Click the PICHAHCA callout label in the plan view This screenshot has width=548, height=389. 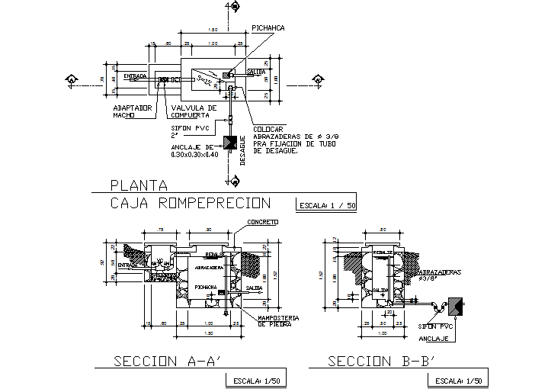coord(268,27)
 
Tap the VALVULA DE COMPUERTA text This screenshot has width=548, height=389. coord(194,111)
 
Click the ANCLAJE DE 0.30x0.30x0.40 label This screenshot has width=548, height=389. coord(195,150)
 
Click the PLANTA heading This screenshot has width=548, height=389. coord(138,184)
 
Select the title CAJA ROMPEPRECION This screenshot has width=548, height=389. coord(191,203)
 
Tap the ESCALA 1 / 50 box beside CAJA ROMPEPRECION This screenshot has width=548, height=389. coord(325,204)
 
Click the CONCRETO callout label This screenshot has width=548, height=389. coord(262,222)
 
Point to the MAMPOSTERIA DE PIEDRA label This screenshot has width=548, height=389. coord(277,320)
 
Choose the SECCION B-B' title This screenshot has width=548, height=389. coord(380,361)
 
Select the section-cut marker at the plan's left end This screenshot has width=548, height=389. coord(71,79)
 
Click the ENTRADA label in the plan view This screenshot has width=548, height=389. coord(134,76)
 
